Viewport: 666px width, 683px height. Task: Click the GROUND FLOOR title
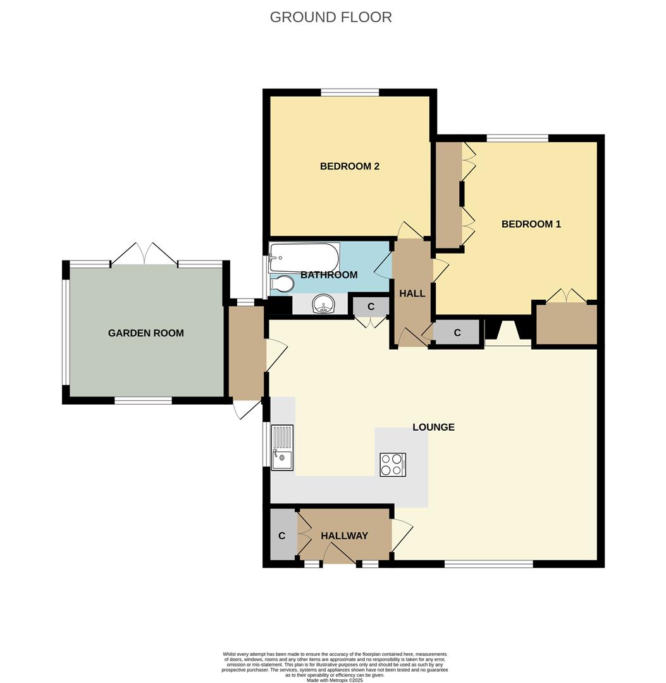coord(331,17)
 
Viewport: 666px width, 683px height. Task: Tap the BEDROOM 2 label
coord(349,166)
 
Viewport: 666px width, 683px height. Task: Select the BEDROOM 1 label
coord(531,224)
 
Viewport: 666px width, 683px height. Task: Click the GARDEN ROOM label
coord(145,333)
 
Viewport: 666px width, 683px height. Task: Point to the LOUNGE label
coord(433,427)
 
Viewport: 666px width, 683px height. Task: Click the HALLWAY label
coord(344,536)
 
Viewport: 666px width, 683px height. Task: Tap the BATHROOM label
coord(328,274)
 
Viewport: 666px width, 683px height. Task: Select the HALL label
coord(412,293)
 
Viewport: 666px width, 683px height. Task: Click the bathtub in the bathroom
coord(304,257)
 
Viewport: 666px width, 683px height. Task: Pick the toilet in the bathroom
coord(281,285)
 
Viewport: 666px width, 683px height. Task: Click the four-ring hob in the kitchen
coord(393,465)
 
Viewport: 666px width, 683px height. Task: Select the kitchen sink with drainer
coord(282,447)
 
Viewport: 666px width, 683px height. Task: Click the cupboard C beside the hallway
coord(282,536)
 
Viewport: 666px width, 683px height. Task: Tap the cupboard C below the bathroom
coord(371,307)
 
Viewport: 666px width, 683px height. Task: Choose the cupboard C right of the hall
coord(457,333)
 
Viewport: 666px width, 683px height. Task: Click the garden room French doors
coord(144,254)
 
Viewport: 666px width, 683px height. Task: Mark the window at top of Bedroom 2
coord(350,92)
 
